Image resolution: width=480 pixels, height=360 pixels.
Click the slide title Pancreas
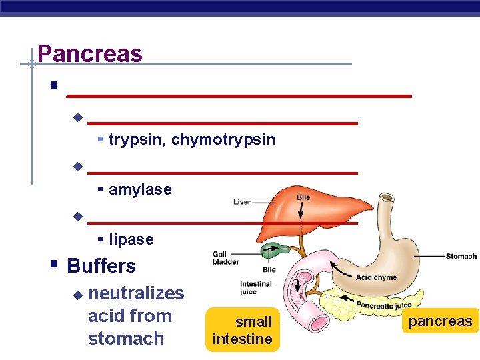pyautogui.click(x=90, y=53)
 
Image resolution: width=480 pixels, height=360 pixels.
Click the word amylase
pyautogui.click(x=140, y=189)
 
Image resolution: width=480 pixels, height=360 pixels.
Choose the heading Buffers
pyautogui.click(x=101, y=266)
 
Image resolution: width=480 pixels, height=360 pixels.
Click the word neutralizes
pyautogui.click(x=136, y=293)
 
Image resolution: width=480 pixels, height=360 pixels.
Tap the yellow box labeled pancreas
pyautogui.click(x=440, y=321)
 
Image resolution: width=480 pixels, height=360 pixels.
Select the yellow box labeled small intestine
pyautogui.click(x=242, y=330)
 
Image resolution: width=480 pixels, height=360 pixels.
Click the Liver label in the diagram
pyautogui.click(x=243, y=201)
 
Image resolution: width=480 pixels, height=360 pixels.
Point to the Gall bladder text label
pyautogui.click(x=225, y=258)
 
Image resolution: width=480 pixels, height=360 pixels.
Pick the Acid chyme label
pyautogui.click(x=376, y=277)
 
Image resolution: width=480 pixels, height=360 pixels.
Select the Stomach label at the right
pyautogui.click(x=461, y=256)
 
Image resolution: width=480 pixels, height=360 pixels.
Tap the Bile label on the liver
pyautogui.click(x=303, y=198)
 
